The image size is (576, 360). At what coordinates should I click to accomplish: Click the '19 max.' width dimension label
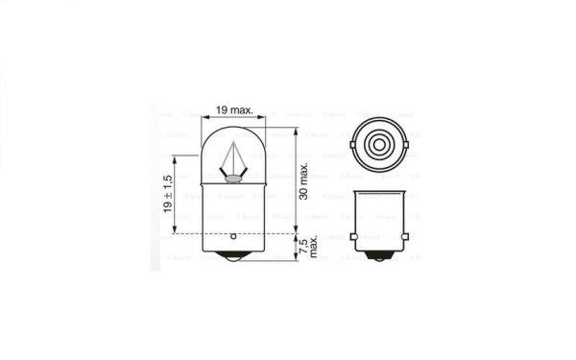234,111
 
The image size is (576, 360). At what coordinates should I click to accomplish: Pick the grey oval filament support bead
233,178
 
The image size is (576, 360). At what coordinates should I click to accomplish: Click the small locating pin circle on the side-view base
233,235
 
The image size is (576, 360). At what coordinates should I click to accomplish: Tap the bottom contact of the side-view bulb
233,258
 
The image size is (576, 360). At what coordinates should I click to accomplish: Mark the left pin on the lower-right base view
352,236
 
